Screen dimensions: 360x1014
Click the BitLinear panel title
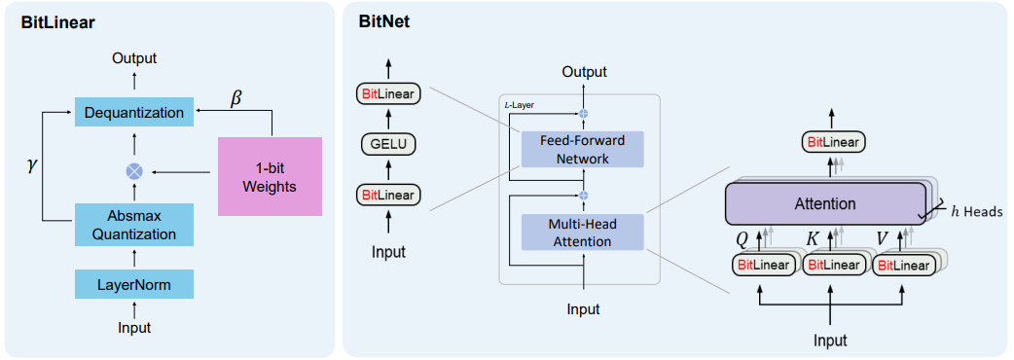tap(58, 22)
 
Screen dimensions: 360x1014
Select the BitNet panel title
tap(385, 22)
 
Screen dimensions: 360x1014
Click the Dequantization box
tap(134, 112)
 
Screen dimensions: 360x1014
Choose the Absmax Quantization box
tap(134, 225)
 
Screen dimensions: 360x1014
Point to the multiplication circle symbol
tap(134, 171)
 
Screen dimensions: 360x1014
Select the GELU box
tap(389, 145)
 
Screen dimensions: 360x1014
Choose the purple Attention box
tap(825, 204)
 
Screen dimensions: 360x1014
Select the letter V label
tap(882, 238)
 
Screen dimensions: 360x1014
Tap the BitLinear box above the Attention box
tap(833, 143)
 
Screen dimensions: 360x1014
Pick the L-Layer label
tap(522, 104)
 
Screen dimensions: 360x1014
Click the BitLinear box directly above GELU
tap(389, 94)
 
